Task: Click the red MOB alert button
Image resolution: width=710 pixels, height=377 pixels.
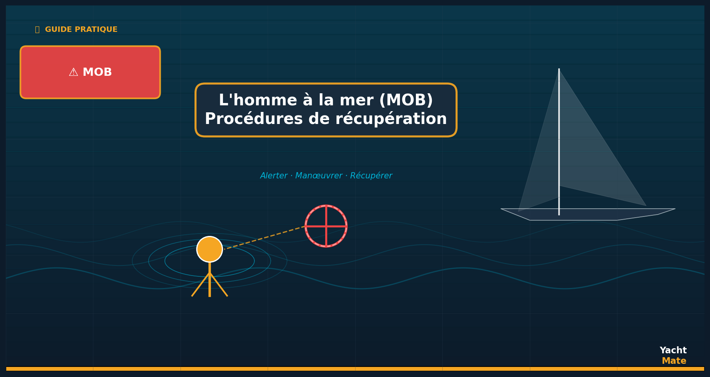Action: click(x=90, y=72)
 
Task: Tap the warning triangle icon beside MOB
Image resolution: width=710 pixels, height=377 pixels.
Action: click(x=73, y=72)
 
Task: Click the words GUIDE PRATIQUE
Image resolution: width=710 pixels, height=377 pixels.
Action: click(x=81, y=30)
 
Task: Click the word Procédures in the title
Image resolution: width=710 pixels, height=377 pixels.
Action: click(x=254, y=119)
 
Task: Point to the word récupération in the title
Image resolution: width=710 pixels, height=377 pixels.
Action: click(x=391, y=119)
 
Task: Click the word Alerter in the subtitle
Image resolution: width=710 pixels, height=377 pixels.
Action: click(x=274, y=176)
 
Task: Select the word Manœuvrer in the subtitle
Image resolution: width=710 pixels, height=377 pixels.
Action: click(x=319, y=176)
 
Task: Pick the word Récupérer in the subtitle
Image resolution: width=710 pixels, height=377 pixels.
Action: click(x=371, y=176)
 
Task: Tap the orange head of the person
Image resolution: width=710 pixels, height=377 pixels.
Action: click(x=210, y=249)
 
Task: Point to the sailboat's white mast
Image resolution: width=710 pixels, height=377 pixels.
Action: click(x=559, y=142)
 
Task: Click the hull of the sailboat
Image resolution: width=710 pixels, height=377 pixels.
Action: click(x=587, y=215)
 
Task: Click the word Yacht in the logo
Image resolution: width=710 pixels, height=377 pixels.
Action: click(x=673, y=350)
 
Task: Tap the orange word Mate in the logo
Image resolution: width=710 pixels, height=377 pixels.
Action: click(x=674, y=361)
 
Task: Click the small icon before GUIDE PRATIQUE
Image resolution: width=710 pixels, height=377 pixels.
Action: click(x=37, y=30)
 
